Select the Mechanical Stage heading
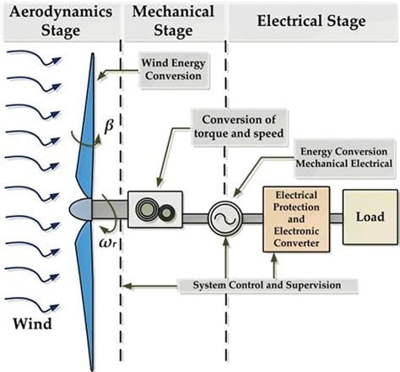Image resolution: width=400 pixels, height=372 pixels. pyautogui.click(x=173, y=21)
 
